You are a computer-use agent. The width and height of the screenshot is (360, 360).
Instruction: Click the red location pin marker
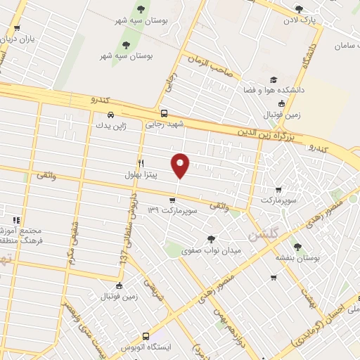181,164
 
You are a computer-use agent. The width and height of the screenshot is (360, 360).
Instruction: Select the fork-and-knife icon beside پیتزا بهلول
141,162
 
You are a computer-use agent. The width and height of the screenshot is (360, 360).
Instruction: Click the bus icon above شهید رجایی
164,113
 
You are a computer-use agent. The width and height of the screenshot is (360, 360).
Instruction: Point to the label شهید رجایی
163,124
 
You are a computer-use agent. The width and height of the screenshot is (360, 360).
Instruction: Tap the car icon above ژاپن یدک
110,115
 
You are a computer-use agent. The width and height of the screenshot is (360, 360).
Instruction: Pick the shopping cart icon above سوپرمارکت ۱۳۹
172,200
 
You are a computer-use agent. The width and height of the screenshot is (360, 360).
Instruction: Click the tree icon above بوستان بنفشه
297,247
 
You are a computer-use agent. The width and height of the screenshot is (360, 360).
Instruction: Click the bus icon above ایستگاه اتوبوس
146,337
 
